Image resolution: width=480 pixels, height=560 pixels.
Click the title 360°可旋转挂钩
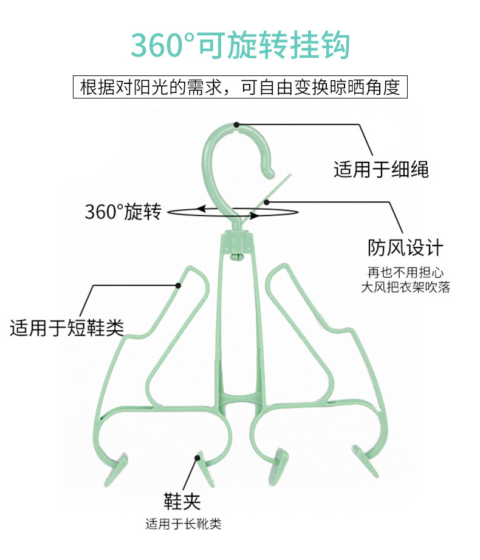pos(240,45)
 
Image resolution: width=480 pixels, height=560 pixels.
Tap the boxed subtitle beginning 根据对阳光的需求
pos(240,87)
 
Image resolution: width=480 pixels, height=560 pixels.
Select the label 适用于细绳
pos(381,169)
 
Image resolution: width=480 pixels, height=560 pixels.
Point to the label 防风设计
pos(405,247)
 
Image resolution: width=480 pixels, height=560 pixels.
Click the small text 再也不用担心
pos(405,272)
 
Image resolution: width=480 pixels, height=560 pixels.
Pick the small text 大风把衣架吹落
pos(405,287)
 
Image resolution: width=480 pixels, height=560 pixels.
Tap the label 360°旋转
pos(123,212)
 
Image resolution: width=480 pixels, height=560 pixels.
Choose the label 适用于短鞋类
pos(67,328)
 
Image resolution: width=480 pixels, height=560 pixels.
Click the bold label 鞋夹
pos(182,501)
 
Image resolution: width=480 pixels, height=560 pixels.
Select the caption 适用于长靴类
pos(183,524)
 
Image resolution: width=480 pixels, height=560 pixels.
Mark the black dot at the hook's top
pos(236,125)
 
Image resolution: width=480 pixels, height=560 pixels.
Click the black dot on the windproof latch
pos(266,202)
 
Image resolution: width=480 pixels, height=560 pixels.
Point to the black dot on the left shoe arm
pos(178,285)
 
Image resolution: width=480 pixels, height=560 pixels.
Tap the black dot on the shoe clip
pos(197,457)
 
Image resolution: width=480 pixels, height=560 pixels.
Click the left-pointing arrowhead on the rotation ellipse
pos(201,209)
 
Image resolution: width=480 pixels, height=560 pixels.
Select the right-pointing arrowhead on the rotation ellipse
pos(254,216)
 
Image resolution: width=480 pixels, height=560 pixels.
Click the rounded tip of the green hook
pos(269,174)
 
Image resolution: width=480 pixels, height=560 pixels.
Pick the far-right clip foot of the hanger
pos(365,461)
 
